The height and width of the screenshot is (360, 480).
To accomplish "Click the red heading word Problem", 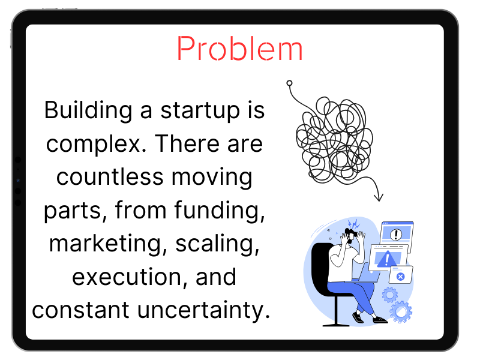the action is coord(239,49).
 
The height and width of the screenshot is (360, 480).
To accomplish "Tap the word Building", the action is coord(88,111).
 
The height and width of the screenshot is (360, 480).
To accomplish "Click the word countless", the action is coord(110,176).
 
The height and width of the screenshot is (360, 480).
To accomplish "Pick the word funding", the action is coord(220,211).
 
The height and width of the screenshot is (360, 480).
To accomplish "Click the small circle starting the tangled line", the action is coord(289,83).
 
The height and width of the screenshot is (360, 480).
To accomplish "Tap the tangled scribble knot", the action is coord(334,141).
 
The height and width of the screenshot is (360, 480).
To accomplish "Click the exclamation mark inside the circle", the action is coord(396,235).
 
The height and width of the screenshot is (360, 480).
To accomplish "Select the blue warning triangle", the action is coord(386,260).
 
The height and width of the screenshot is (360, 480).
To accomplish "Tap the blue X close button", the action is coord(400,277).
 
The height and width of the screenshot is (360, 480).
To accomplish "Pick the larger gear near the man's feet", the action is coord(401,312).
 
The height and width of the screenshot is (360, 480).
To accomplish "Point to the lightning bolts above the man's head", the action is coord(354,224).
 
